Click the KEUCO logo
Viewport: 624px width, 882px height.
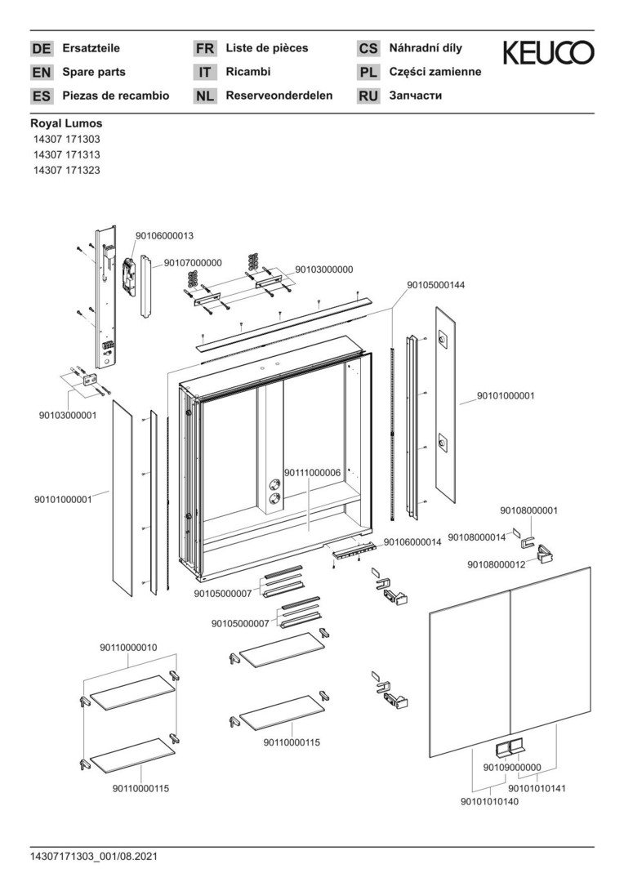pyautogui.click(x=548, y=53)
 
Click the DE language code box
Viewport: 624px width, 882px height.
pyautogui.click(x=41, y=49)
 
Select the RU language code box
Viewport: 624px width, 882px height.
pyautogui.click(x=368, y=96)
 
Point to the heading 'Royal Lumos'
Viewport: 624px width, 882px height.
pyautogui.click(x=66, y=123)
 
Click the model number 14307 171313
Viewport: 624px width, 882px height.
pyautogui.click(x=66, y=155)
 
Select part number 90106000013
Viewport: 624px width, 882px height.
pyautogui.click(x=164, y=236)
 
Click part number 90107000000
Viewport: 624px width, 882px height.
pyautogui.click(x=193, y=263)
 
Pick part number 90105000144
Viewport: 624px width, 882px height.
pyautogui.click(x=436, y=285)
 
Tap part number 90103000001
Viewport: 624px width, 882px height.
pyautogui.click(x=68, y=415)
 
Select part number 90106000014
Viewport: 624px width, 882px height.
pyautogui.click(x=412, y=541)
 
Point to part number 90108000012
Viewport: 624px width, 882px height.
pyautogui.click(x=497, y=564)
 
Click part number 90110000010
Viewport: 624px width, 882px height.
pyautogui.click(x=128, y=648)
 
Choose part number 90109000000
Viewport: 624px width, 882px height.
pyautogui.click(x=512, y=768)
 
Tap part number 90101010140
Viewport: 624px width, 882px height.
pyautogui.click(x=489, y=802)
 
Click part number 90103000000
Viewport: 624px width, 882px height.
pyautogui.click(x=324, y=269)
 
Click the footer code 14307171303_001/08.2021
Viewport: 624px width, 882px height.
pyautogui.click(x=94, y=856)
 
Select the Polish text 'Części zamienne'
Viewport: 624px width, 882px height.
pyautogui.click(x=435, y=72)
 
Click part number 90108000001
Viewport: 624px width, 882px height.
pyautogui.click(x=528, y=511)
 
